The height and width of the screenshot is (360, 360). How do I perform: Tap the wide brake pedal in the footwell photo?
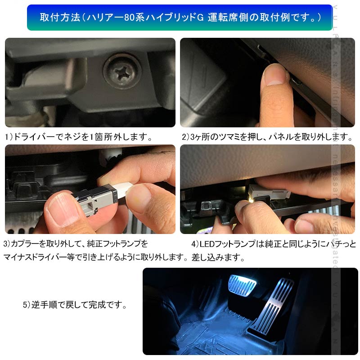(242, 284)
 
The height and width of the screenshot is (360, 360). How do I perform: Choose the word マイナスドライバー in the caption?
(38, 258)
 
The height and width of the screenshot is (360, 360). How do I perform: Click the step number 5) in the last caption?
(27, 305)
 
